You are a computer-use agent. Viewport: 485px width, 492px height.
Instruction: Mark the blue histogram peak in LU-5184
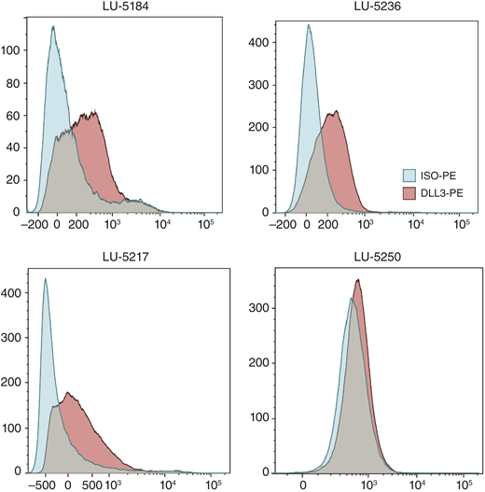(54, 27)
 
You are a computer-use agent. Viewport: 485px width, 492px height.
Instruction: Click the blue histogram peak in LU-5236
(308, 26)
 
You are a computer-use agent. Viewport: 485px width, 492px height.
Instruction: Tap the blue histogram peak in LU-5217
(45, 278)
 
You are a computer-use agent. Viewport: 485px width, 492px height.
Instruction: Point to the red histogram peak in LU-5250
(358, 281)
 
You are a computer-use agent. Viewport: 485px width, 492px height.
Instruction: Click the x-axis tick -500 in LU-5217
(45, 485)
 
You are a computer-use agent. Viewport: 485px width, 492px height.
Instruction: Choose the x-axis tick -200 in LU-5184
(36, 224)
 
